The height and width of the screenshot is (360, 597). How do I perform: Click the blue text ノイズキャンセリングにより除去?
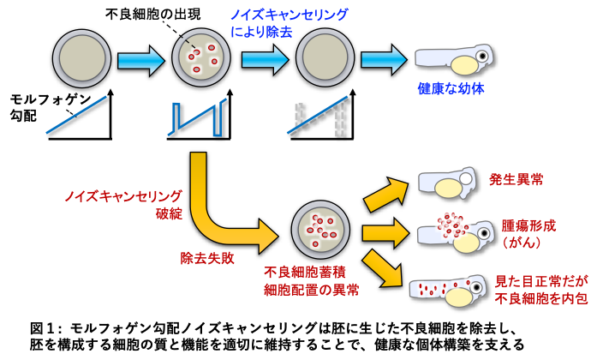pyautogui.click(x=289, y=23)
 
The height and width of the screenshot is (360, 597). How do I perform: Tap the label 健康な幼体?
pyautogui.click(x=451, y=88)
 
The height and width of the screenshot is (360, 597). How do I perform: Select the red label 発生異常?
pyautogui.click(x=516, y=179)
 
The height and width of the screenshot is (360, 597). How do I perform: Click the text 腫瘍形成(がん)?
pyautogui.click(x=528, y=233)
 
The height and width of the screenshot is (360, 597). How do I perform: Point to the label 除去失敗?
pyautogui.click(x=207, y=257)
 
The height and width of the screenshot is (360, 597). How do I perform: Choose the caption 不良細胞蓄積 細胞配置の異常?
pyautogui.click(x=311, y=280)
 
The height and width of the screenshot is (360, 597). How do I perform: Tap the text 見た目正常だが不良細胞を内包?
pyautogui.click(x=541, y=290)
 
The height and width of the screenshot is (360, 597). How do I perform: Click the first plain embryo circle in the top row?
pyautogui.click(x=81, y=58)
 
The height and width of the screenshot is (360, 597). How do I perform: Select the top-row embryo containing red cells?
pyautogui.click(x=201, y=57)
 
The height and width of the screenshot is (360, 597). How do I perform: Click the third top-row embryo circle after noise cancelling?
pyautogui.click(x=325, y=57)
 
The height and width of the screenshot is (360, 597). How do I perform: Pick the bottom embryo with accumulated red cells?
pyautogui.click(x=320, y=230)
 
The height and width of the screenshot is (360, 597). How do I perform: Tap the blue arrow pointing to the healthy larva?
pyautogui.click(x=383, y=59)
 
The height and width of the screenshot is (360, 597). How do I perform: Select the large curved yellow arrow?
pyautogui.click(x=214, y=214)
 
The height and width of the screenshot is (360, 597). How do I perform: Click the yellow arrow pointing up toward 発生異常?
pyautogui.click(x=385, y=194)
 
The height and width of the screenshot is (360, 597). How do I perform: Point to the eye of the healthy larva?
pyautogui.click(x=482, y=56)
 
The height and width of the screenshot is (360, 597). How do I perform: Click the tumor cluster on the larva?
pyautogui.click(x=451, y=222)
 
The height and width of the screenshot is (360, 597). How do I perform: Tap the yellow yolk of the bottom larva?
pyautogui.click(x=459, y=297)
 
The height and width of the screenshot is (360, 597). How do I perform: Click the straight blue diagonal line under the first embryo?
pyautogui.click(x=76, y=115)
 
